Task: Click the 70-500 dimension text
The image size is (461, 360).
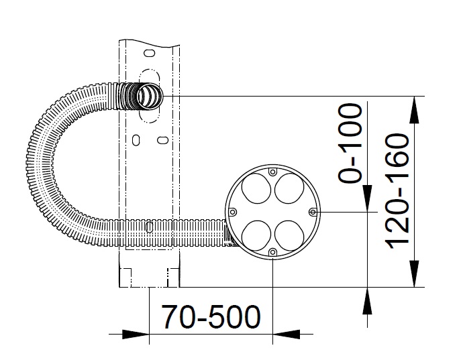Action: [x=211, y=317]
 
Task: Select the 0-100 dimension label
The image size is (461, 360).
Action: [x=350, y=143]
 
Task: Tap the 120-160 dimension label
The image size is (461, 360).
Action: [x=397, y=192]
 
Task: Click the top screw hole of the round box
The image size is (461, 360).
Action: [x=273, y=172]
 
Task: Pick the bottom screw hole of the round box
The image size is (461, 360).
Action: [x=273, y=252]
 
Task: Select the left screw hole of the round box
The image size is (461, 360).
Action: [x=233, y=212]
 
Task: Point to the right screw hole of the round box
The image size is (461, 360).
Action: [x=313, y=212]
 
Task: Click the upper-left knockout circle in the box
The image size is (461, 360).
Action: [x=256, y=188]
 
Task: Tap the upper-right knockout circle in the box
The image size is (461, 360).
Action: [x=289, y=188]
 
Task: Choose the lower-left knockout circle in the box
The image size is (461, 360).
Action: [x=256, y=235]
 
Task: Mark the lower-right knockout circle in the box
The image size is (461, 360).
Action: [x=289, y=235]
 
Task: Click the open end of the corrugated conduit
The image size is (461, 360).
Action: [x=150, y=96]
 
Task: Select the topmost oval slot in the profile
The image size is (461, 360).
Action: [x=150, y=54]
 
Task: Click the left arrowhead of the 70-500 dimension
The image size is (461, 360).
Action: [x=136, y=334]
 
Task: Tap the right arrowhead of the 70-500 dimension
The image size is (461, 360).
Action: [x=287, y=334]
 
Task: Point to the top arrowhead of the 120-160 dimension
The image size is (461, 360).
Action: [x=414, y=109]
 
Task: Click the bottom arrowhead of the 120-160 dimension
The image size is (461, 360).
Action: [x=414, y=274]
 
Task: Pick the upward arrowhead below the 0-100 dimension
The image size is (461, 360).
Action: [x=367, y=301]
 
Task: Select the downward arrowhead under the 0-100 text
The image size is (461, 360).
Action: [x=367, y=198]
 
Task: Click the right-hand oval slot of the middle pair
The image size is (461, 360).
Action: [x=162, y=140]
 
